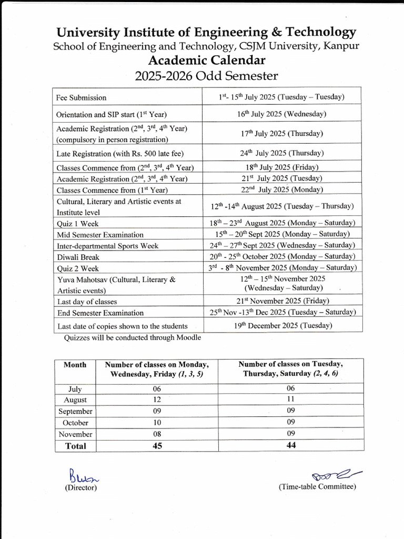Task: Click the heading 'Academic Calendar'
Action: click(206, 60)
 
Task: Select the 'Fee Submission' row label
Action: click(82, 97)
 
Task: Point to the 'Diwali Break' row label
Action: click(78, 257)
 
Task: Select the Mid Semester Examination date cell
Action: click(282, 234)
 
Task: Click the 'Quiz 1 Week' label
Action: click(77, 223)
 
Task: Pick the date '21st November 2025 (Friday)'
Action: click(282, 301)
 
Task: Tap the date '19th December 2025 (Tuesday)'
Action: click(283, 325)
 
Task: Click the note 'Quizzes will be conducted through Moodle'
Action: click(132, 337)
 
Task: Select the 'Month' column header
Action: click(75, 365)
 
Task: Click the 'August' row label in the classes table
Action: click(75, 400)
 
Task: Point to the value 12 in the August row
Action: click(157, 400)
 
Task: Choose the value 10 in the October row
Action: click(157, 423)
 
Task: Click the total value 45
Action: click(157, 446)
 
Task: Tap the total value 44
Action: click(291, 445)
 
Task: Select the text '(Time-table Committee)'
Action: click(317, 486)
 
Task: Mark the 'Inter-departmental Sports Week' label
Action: click(107, 246)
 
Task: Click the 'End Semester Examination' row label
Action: click(100, 313)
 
